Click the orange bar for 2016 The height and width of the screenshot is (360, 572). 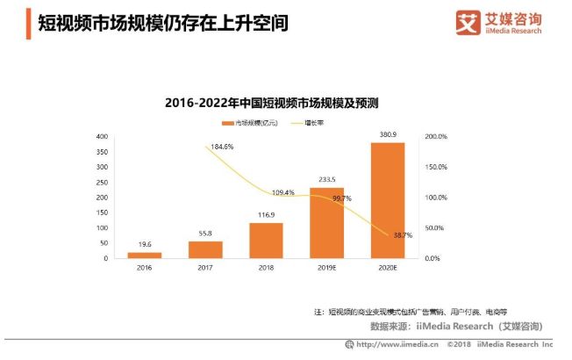(x=144, y=255)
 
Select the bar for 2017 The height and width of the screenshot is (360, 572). (x=205, y=249)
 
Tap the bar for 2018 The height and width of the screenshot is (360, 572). (x=266, y=241)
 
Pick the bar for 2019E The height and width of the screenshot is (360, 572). (x=326, y=223)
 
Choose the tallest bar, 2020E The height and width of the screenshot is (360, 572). (x=387, y=200)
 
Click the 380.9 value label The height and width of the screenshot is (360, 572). (x=387, y=134)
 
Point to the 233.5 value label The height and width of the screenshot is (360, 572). (x=326, y=179)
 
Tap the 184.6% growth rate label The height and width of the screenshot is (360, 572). (x=223, y=147)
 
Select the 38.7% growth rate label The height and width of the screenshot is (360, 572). (x=403, y=236)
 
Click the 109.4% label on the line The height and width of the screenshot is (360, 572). (x=282, y=192)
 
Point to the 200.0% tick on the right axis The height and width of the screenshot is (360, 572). (x=436, y=137)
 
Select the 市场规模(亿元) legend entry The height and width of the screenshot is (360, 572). (x=253, y=123)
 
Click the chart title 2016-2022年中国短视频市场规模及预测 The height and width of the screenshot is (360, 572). (x=271, y=103)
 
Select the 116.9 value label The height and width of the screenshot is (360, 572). (x=266, y=214)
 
